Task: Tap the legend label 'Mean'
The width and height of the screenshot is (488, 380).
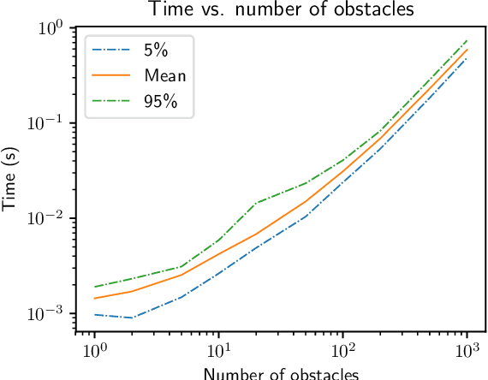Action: click(165, 75)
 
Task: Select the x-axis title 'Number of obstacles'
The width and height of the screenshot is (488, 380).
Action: click(281, 372)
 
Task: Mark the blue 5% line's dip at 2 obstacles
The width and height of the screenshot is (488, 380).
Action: click(132, 318)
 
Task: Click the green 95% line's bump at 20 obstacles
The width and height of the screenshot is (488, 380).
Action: click(256, 204)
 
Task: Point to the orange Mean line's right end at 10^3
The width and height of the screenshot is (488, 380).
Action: click(467, 49)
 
